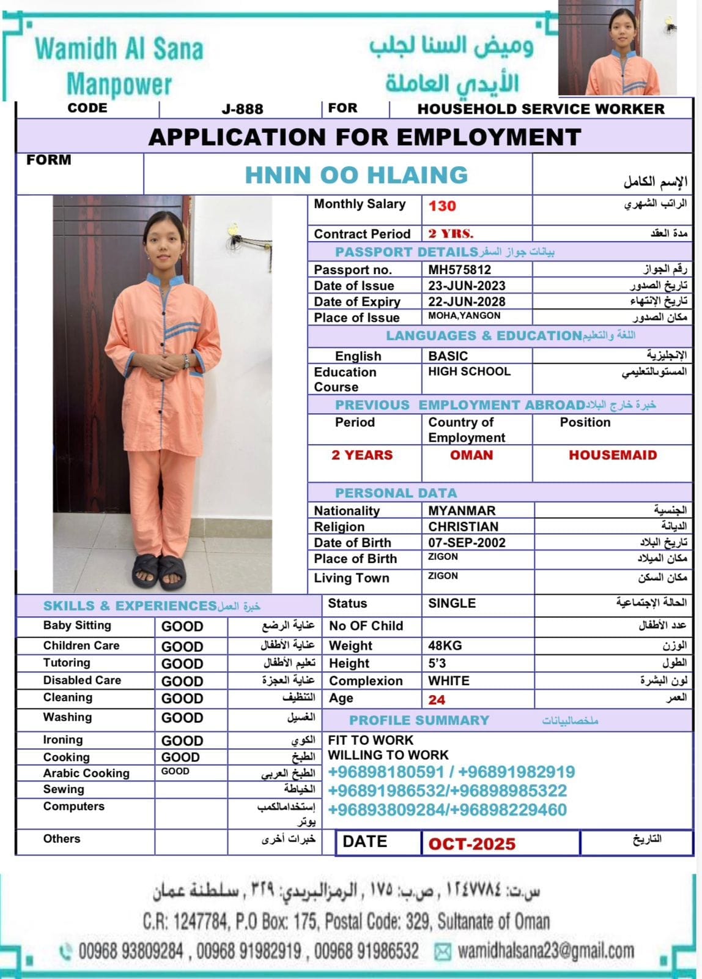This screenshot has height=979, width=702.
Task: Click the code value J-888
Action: (x=242, y=110)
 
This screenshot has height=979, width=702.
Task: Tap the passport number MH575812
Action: (x=459, y=270)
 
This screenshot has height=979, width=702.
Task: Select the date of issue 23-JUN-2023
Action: (x=467, y=286)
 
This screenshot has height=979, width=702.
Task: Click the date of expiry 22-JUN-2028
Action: (x=467, y=302)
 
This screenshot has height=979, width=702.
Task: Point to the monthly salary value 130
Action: (x=442, y=206)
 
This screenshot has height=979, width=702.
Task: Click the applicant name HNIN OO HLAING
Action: (x=356, y=176)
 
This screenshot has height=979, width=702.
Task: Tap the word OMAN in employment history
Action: (x=471, y=455)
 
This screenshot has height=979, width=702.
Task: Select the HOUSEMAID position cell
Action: (x=613, y=455)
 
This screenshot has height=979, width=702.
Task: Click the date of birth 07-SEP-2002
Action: (x=467, y=543)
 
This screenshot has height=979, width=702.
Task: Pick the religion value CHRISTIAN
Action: (x=463, y=527)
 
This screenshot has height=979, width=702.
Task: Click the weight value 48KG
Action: (x=445, y=646)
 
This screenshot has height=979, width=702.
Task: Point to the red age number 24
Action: (x=437, y=700)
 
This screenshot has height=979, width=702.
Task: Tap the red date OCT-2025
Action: (x=472, y=844)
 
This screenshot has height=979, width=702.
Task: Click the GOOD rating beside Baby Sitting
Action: (x=182, y=627)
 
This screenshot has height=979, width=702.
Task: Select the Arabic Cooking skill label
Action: (x=86, y=773)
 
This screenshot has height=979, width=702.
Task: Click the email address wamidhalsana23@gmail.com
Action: (x=545, y=951)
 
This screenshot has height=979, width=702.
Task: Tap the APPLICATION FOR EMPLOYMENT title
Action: (x=364, y=137)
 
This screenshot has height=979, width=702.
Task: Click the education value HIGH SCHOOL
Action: (x=469, y=371)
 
